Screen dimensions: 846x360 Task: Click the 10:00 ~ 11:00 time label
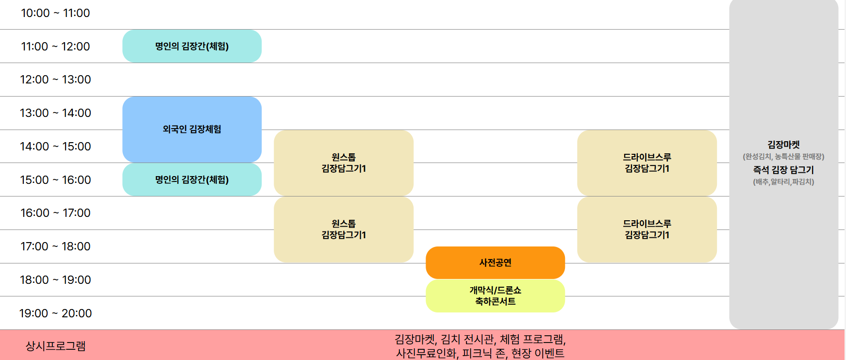tap(55, 13)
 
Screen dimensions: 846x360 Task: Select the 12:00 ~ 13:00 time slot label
tap(55, 80)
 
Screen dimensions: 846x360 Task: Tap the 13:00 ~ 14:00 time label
tap(55, 113)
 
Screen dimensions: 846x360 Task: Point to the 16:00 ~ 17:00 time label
tap(55, 213)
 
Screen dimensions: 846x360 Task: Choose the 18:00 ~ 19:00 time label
tap(55, 280)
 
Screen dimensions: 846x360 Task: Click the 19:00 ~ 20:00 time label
tap(55, 313)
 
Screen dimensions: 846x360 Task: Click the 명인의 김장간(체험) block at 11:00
tap(192, 46)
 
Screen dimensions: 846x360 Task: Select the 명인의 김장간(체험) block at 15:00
tap(192, 180)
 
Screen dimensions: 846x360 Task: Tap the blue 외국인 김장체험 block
tap(192, 129)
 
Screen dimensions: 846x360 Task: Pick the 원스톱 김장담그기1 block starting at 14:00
tap(344, 163)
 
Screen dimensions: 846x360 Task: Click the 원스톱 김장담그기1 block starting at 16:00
tap(344, 229)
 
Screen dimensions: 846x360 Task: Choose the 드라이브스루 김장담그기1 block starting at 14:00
tap(647, 163)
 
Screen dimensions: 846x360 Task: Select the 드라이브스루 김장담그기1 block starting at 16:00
tap(647, 229)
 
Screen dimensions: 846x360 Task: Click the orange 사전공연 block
tap(495, 262)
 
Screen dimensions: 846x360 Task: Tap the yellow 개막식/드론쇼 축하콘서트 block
tap(495, 296)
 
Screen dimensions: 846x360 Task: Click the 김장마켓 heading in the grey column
tap(783, 145)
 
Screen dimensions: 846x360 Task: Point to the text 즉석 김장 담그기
tap(783, 170)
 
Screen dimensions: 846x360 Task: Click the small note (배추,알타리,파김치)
tap(783, 182)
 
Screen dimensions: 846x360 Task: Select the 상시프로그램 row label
tap(55, 346)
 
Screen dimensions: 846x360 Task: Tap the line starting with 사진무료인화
tap(480, 353)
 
